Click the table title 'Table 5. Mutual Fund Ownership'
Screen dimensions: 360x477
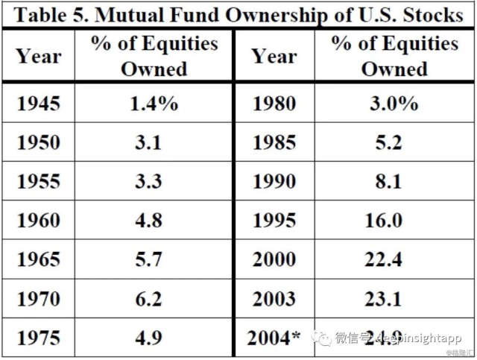238,14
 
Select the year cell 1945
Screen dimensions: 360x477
38,103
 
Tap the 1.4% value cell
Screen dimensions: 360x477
154,103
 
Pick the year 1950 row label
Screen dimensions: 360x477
38,142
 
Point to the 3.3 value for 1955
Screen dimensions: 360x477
148,180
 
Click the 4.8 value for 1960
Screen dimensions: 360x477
148,220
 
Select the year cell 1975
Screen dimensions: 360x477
38,337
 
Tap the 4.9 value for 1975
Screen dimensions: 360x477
148,337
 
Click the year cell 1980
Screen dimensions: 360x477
274,103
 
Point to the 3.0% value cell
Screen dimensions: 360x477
394,103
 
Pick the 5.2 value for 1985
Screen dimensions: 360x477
388,142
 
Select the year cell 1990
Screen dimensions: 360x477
274,180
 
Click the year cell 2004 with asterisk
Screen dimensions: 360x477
274,337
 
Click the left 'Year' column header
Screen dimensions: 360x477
38,56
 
